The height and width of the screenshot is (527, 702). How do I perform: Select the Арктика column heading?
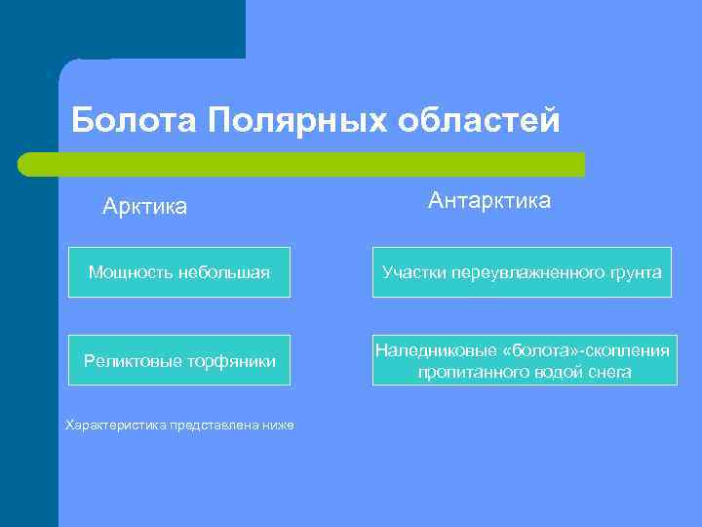pos(145,207)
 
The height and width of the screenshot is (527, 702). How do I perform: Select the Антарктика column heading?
pos(488,201)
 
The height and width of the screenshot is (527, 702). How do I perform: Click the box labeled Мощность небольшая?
pos(178,272)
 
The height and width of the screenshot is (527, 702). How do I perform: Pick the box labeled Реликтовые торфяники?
pos(178,361)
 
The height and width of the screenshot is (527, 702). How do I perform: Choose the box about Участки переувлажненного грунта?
pos(522,272)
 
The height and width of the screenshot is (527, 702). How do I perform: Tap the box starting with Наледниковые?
pos(524,360)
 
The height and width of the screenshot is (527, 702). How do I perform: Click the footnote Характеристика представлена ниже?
pos(178,425)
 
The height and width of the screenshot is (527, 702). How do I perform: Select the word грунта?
pos(636,272)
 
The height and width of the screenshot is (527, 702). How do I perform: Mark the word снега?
pos(609,372)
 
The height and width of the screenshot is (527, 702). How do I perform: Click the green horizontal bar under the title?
pos(302,164)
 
